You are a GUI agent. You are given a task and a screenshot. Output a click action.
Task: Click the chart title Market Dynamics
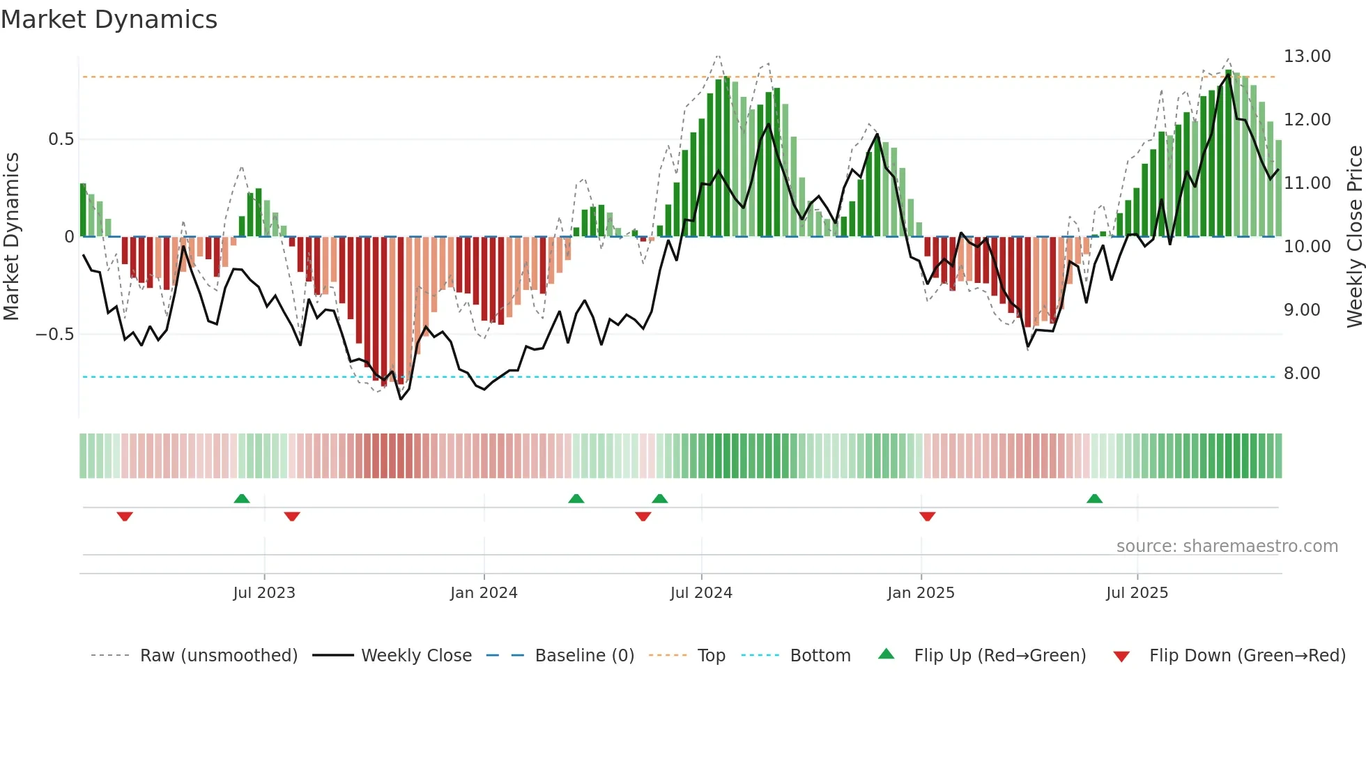(x=109, y=20)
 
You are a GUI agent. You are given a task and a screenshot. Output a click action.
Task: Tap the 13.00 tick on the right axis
(x=1307, y=56)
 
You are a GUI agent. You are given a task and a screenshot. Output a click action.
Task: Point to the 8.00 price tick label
(x=1301, y=374)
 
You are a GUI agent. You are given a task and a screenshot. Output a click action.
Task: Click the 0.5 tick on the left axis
(x=61, y=139)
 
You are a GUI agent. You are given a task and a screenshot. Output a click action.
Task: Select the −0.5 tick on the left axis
(x=54, y=335)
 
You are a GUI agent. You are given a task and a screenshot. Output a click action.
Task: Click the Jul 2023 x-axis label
(x=264, y=593)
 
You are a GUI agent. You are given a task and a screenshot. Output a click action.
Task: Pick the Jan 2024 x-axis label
(x=484, y=593)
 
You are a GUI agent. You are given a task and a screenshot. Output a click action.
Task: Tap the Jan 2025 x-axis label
(x=921, y=593)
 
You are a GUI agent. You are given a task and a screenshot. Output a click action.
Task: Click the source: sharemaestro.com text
(x=1227, y=546)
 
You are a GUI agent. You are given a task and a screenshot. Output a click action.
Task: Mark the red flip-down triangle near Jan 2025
(x=927, y=516)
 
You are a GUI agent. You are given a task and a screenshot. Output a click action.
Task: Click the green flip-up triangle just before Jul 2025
(x=1094, y=498)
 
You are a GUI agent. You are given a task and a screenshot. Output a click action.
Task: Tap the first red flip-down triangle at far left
(x=125, y=516)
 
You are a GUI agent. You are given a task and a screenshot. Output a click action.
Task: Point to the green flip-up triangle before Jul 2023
(x=242, y=498)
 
